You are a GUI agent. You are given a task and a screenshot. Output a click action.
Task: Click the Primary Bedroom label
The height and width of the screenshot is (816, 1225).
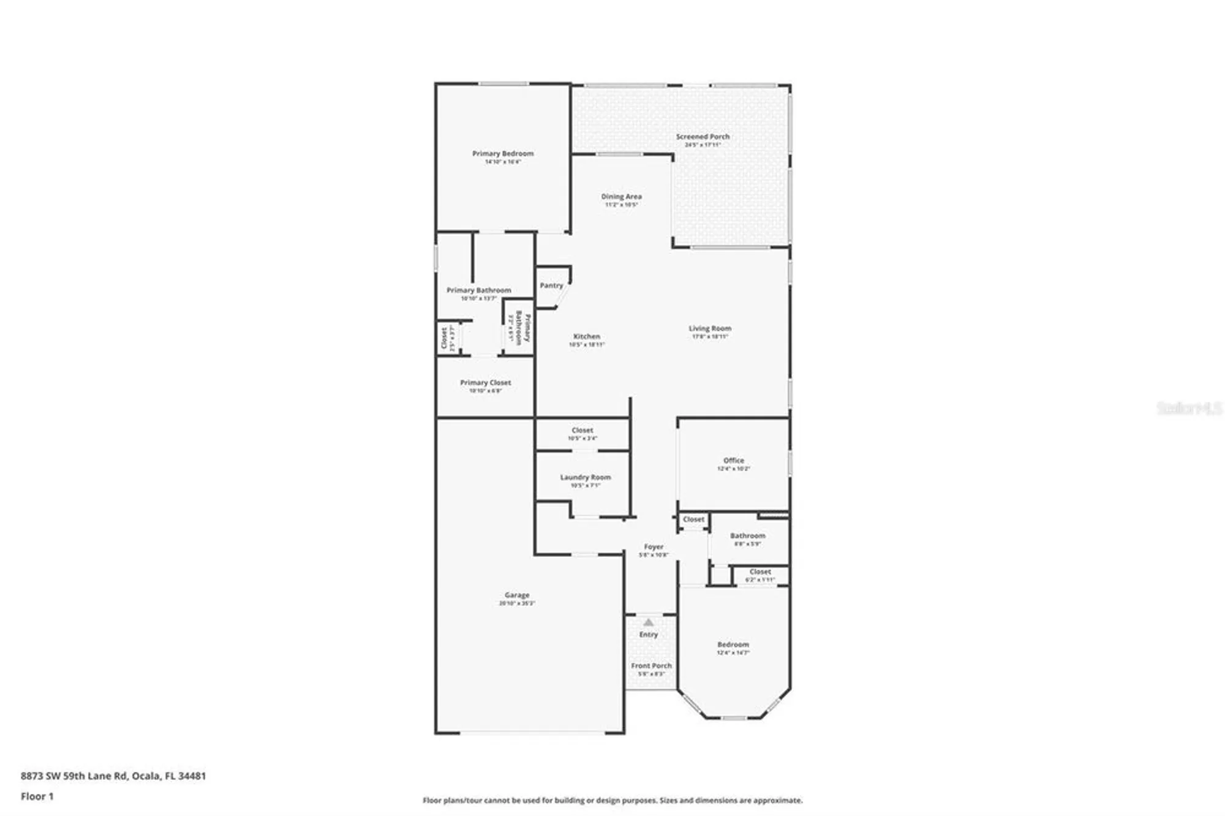point(503,154)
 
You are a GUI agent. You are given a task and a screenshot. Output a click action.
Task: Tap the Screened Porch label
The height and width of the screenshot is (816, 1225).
point(703,137)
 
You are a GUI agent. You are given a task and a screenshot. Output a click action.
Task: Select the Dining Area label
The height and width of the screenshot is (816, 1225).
point(621,197)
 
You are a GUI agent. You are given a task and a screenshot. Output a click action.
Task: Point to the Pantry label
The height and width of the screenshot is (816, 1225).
point(551,285)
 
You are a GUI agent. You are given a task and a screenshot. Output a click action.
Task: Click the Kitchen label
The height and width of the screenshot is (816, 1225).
point(586,336)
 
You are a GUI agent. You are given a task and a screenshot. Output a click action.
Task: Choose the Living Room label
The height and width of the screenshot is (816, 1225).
point(710,328)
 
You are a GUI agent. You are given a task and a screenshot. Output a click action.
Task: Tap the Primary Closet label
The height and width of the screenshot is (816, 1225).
point(485,382)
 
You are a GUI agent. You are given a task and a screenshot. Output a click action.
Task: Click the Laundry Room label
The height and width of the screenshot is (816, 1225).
point(585,477)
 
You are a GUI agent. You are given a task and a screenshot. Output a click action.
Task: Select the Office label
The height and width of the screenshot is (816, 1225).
point(733,460)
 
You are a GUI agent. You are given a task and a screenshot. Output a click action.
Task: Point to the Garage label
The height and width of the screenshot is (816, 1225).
point(516,595)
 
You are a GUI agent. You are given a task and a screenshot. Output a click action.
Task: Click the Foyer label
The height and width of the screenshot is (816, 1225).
point(653,546)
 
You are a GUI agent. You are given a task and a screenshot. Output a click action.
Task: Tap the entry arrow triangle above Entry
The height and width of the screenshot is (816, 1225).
point(649,622)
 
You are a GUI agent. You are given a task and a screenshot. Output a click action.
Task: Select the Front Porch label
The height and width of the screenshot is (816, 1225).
point(651,665)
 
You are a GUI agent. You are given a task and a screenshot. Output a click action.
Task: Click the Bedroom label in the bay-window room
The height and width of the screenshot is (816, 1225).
point(733,644)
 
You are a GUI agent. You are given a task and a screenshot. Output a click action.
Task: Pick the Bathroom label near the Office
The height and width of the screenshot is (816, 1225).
point(747,535)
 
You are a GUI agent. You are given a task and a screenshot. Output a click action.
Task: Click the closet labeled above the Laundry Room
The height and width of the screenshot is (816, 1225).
point(582,430)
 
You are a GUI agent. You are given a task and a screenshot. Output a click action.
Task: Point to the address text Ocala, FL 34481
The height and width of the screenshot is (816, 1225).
point(169,776)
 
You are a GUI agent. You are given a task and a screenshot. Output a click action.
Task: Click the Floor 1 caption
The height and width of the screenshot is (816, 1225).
point(37,796)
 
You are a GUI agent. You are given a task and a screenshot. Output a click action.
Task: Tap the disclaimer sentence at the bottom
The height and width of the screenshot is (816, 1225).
point(612,800)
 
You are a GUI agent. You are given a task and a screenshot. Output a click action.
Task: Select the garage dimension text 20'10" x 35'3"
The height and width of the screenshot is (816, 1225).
point(516,603)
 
